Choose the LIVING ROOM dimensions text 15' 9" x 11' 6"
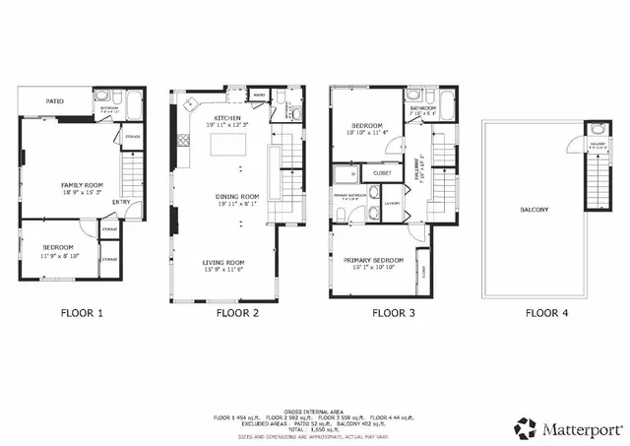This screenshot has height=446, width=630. [222, 270]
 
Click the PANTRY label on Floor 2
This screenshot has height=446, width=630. [258, 96]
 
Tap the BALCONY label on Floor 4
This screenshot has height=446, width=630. [534, 210]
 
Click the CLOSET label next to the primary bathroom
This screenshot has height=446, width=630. [382, 173]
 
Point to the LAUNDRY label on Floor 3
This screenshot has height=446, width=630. [392, 204]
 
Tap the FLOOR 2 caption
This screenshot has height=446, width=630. [237, 314]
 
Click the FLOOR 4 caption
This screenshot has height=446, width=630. [546, 314]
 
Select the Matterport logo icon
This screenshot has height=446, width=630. [524, 428]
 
